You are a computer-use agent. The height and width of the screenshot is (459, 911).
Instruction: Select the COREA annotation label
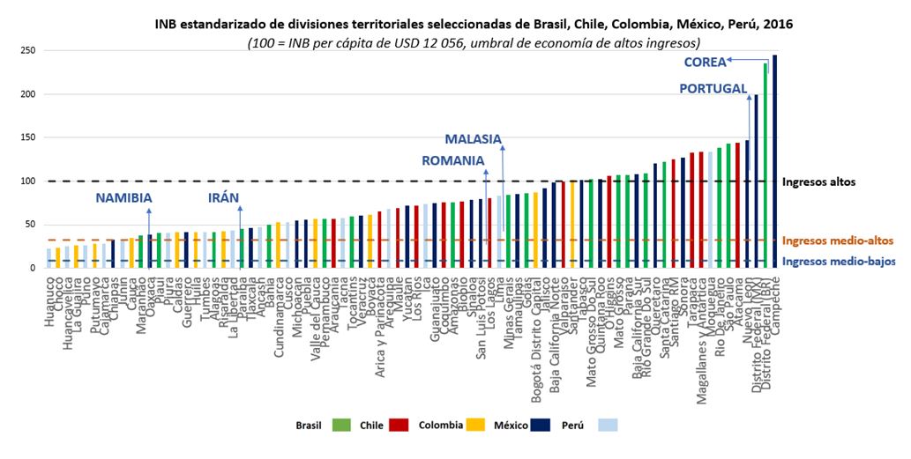coord(705,62)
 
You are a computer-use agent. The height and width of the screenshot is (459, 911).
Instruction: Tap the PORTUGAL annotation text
coord(713,88)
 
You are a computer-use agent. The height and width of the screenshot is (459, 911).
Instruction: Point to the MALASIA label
coord(473,139)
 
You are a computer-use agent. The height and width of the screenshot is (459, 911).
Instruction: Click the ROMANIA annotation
coord(453,160)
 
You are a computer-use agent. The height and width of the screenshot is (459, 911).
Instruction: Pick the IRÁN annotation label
coord(224,197)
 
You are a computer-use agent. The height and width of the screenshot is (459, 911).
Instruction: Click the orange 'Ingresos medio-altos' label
coord(839,241)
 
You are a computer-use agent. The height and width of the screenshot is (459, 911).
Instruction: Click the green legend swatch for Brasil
coord(338,426)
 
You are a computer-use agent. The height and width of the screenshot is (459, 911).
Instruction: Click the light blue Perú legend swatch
coord(607,426)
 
